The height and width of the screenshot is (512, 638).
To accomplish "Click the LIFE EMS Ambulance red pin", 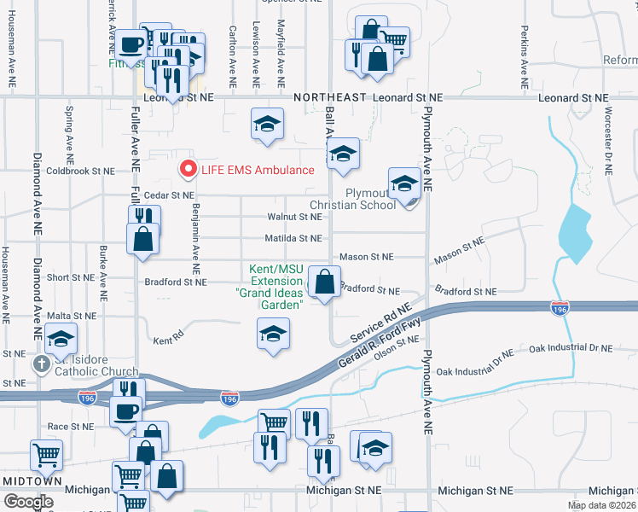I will pyautogui.click(x=188, y=169).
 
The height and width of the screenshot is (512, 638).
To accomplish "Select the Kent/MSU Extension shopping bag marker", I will pyautogui.click(x=324, y=282).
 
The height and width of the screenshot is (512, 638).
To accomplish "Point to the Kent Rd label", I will pyautogui.click(x=169, y=339).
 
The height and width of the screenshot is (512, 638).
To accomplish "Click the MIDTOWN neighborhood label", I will pyautogui.click(x=32, y=481).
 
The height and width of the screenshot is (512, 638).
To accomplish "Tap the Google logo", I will pyautogui.click(x=29, y=502).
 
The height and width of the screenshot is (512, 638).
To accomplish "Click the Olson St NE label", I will pyautogui.click(x=397, y=348).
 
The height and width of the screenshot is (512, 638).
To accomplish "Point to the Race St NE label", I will pyautogui.click(x=70, y=426).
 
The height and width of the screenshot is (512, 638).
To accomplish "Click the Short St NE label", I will pyautogui.click(x=70, y=277).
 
